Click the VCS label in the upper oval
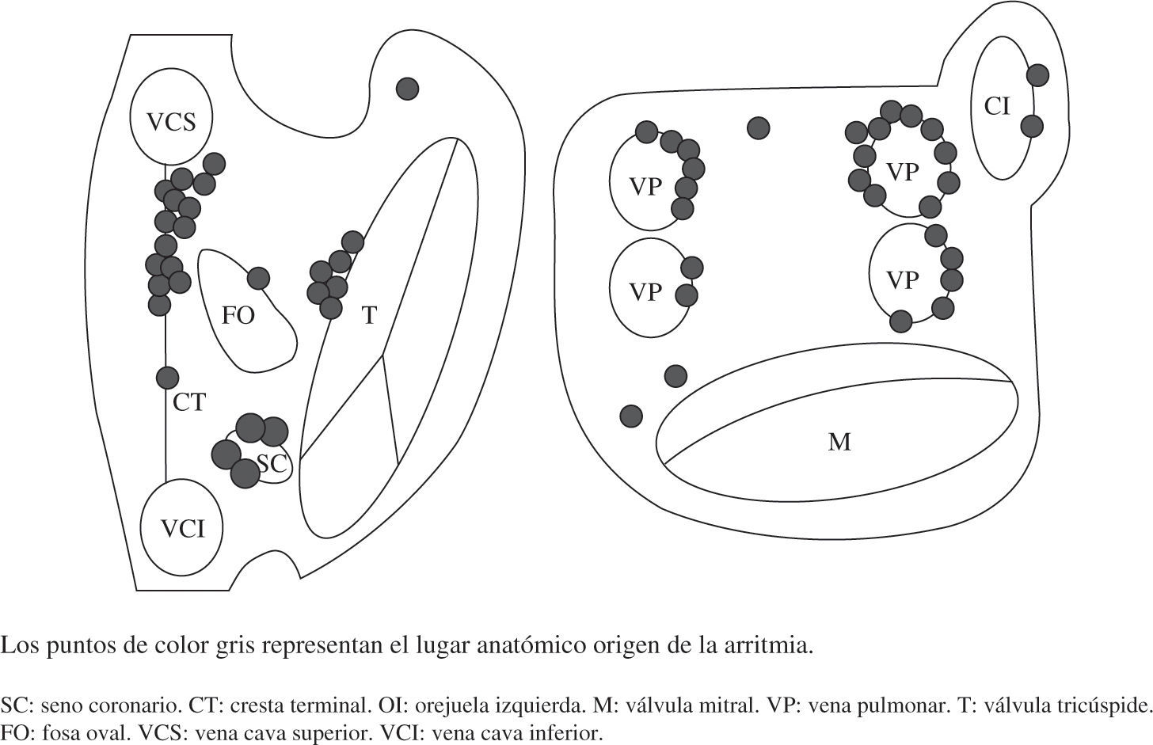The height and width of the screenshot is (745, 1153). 171,122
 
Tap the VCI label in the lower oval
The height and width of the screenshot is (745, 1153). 183,529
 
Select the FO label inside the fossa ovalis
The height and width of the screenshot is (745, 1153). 238,316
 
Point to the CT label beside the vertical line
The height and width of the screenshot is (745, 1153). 189,403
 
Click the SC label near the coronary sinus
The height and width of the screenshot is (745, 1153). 273,464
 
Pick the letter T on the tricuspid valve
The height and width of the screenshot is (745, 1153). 369,316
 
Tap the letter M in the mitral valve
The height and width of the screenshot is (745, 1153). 839,441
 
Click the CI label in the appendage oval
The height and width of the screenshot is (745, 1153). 998,105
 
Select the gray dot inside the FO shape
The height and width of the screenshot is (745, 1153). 258,278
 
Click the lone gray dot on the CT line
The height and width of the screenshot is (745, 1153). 167,378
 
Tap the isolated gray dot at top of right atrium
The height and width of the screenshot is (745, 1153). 407,88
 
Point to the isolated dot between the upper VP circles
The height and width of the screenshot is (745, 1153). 759,127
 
